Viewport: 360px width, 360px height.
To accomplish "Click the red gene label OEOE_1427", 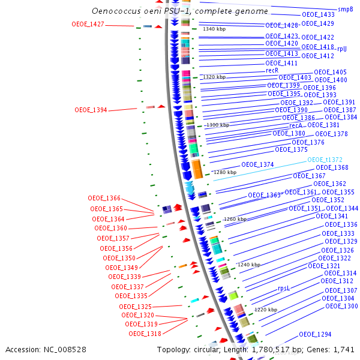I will tap(88, 25).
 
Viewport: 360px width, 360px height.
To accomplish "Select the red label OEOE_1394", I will tap(91, 110).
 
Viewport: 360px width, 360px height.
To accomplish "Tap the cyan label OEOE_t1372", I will tap(325, 160).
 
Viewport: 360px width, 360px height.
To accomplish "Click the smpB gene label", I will tap(345, 10).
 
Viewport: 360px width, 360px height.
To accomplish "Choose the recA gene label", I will tap(296, 125).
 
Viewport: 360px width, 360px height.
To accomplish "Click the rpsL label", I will tap(284, 289).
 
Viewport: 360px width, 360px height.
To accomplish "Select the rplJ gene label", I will tap(341, 49).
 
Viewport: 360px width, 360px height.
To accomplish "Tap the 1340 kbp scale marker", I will tap(214, 29).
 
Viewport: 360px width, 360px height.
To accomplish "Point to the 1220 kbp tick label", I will tap(266, 310).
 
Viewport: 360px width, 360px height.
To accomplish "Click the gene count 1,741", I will tap(343, 349).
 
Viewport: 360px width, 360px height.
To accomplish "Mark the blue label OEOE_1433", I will tap(318, 14).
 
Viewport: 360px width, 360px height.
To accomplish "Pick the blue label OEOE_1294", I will tap(315, 334).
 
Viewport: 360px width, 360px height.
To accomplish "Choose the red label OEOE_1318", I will tap(145, 334).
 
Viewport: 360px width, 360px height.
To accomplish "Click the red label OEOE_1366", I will tap(104, 198).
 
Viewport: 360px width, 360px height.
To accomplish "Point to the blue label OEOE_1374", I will tap(257, 164).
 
